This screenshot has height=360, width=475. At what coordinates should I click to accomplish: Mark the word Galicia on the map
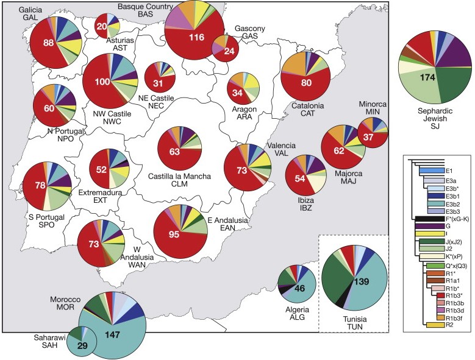pyautogui.click(x=32, y=10)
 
